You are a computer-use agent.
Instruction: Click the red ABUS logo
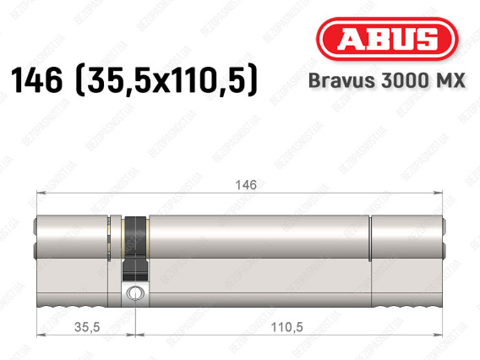[x=387, y=39]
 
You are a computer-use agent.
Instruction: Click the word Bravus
[x=342, y=80]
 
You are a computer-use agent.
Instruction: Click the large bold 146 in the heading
[x=36, y=80]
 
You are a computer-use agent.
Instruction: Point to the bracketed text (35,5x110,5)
[x=166, y=80]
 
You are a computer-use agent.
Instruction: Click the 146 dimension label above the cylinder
[x=246, y=185]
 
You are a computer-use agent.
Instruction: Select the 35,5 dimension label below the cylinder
[x=87, y=327]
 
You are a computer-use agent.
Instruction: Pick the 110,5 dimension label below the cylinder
[x=286, y=327]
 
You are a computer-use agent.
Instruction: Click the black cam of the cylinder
[x=135, y=248]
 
